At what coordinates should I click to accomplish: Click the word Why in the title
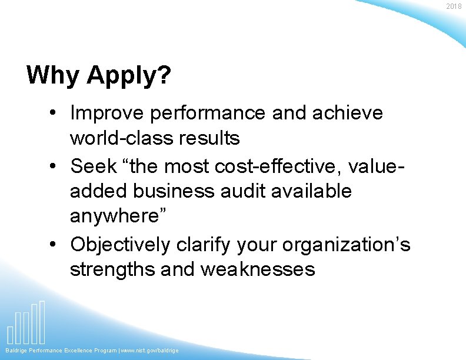[54, 75]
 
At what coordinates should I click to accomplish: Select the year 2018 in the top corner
[454, 6]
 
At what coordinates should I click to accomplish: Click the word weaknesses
[258, 270]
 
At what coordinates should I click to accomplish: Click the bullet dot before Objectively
[55, 244]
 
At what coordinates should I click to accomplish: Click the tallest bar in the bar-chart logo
[42, 322]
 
